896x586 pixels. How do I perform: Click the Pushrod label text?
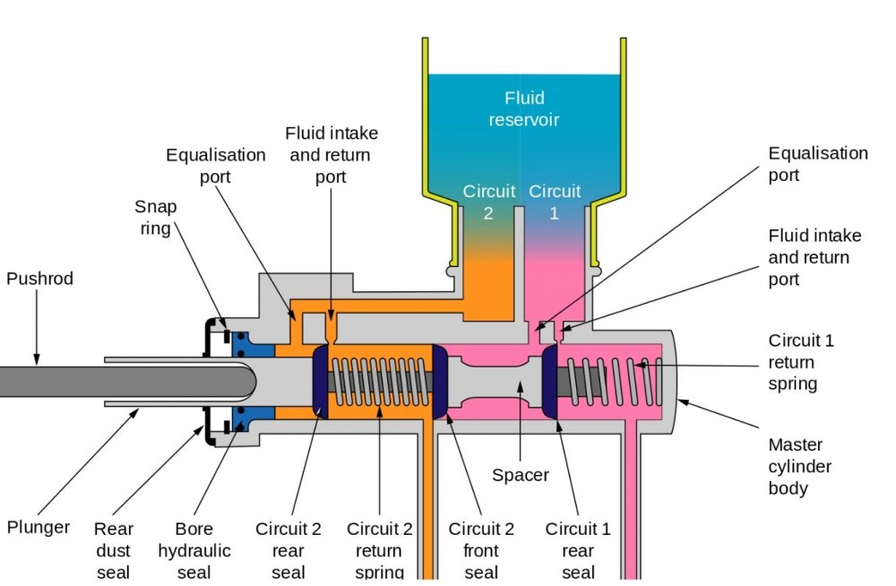click(x=39, y=279)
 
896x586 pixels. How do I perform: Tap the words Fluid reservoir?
click(x=524, y=108)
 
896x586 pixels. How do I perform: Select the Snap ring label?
click(x=156, y=217)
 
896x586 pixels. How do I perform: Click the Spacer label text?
click(x=521, y=475)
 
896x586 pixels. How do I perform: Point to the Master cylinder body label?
click(x=800, y=466)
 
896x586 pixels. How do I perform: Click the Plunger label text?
click(x=38, y=526)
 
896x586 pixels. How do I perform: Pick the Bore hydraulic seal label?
click(x=194, y=550)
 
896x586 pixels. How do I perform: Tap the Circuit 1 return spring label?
click(x=801, y=363)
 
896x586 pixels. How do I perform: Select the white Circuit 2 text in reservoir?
click(x=489, y=203)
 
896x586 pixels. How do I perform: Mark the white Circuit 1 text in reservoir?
click(x=555, y=203)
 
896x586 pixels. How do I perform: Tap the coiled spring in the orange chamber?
click(x=382, y=382)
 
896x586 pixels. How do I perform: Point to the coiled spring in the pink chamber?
click(x=618, y=382)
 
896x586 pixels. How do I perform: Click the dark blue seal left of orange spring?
click(x=320, y=382)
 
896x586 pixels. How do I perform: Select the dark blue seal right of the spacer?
click(x=549, y=382)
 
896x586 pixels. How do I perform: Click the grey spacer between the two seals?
click(x=497, y=382)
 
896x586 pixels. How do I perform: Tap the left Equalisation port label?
click(x=216, y=166)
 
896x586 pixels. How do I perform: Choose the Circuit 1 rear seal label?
click(x=578, y=550)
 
